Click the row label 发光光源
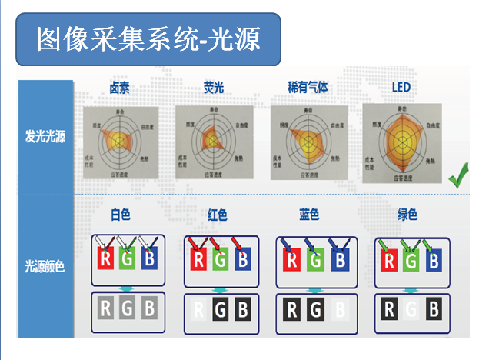point(44,138)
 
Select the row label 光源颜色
point(44,267)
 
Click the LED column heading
point(401,87)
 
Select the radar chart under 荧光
point(213,141)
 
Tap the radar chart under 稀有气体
point(308,141)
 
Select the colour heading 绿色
point(407,215)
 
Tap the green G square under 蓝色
point(315,259)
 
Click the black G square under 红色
point(220,311)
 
